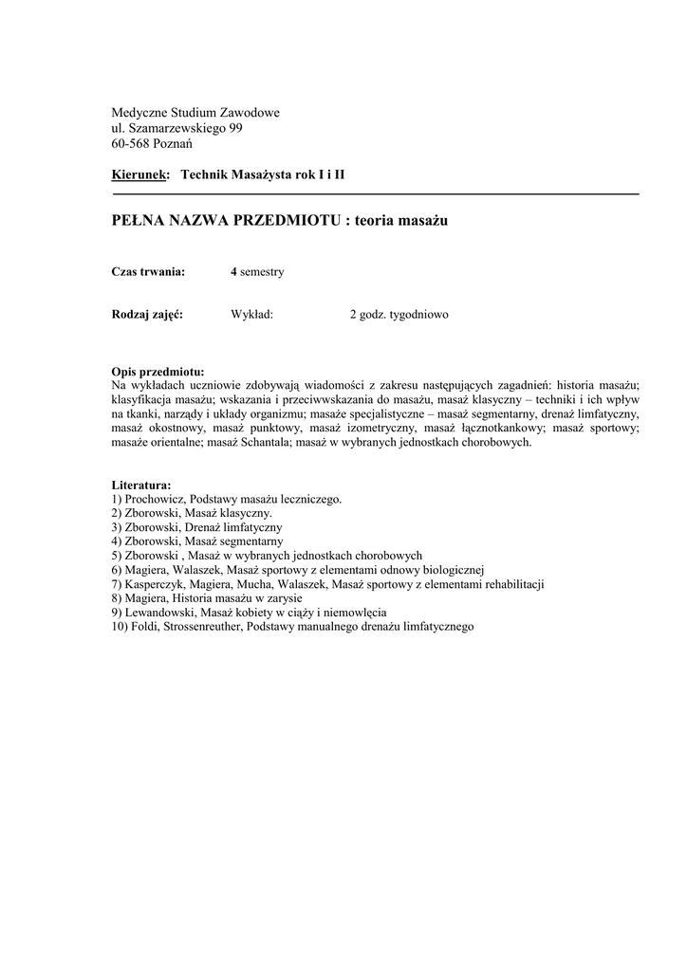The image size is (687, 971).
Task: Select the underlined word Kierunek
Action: tap(139, 175)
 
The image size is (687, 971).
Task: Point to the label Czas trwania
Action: tap(147, 272)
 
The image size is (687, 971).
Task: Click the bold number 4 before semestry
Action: tap(233, 272)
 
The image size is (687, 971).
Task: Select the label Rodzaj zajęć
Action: tap(147, 314)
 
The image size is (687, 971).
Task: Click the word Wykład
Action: tap(252, 314)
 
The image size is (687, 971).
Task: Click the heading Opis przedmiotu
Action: tap(158, 372)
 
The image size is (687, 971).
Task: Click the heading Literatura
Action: tap(141, 485)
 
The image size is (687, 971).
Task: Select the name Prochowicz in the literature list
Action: tap(155, 498)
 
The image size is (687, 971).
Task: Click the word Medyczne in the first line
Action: tap(138, 113)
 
